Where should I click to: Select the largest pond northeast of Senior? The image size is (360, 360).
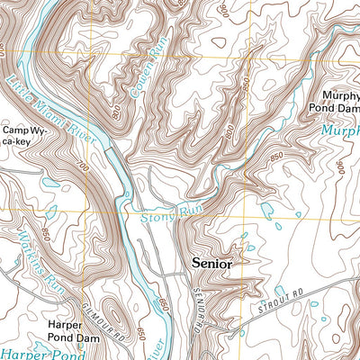point(265,210)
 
